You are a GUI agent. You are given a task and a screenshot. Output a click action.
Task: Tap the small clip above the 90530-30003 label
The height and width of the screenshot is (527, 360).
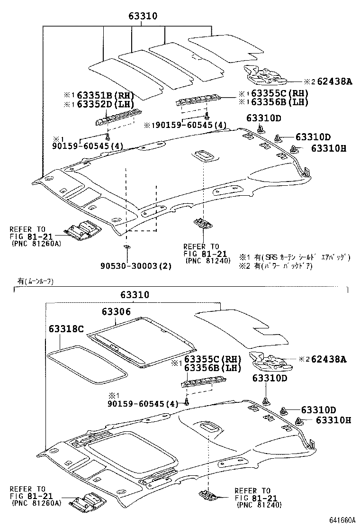126,247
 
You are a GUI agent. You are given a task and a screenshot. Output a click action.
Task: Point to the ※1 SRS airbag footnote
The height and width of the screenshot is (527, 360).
294,257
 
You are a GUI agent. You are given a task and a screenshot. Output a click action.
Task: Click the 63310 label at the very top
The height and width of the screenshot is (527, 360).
143,17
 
